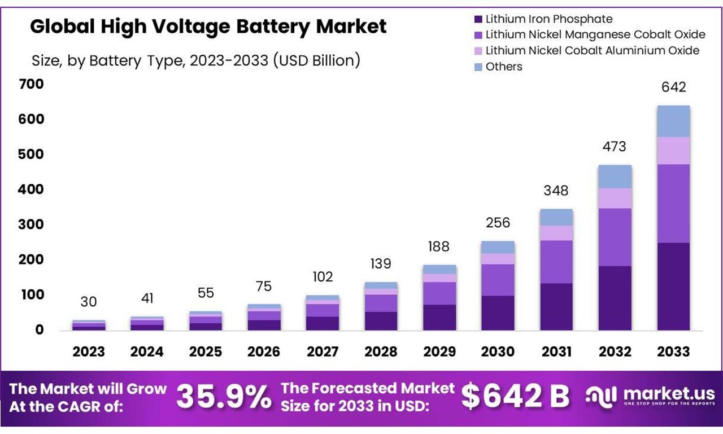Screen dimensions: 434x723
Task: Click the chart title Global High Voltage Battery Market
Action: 208,27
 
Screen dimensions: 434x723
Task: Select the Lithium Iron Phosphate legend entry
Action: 548,19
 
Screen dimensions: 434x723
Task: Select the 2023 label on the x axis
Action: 89,351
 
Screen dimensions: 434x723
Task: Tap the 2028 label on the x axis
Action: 381,351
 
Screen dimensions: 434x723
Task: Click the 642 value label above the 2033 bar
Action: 673,87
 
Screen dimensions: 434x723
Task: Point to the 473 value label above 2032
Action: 615,146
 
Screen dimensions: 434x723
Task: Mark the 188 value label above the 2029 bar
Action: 439,246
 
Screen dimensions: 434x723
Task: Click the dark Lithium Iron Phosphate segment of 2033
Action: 673,287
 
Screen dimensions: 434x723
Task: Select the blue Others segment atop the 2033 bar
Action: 673,121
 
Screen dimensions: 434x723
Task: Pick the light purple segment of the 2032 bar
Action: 615,198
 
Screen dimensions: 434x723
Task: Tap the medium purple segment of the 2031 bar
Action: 556,262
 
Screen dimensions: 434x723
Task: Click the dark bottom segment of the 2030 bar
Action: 498,313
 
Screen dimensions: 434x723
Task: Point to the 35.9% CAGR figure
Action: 224,397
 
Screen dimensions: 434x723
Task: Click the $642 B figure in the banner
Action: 515,397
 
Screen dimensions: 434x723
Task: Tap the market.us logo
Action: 650,396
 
